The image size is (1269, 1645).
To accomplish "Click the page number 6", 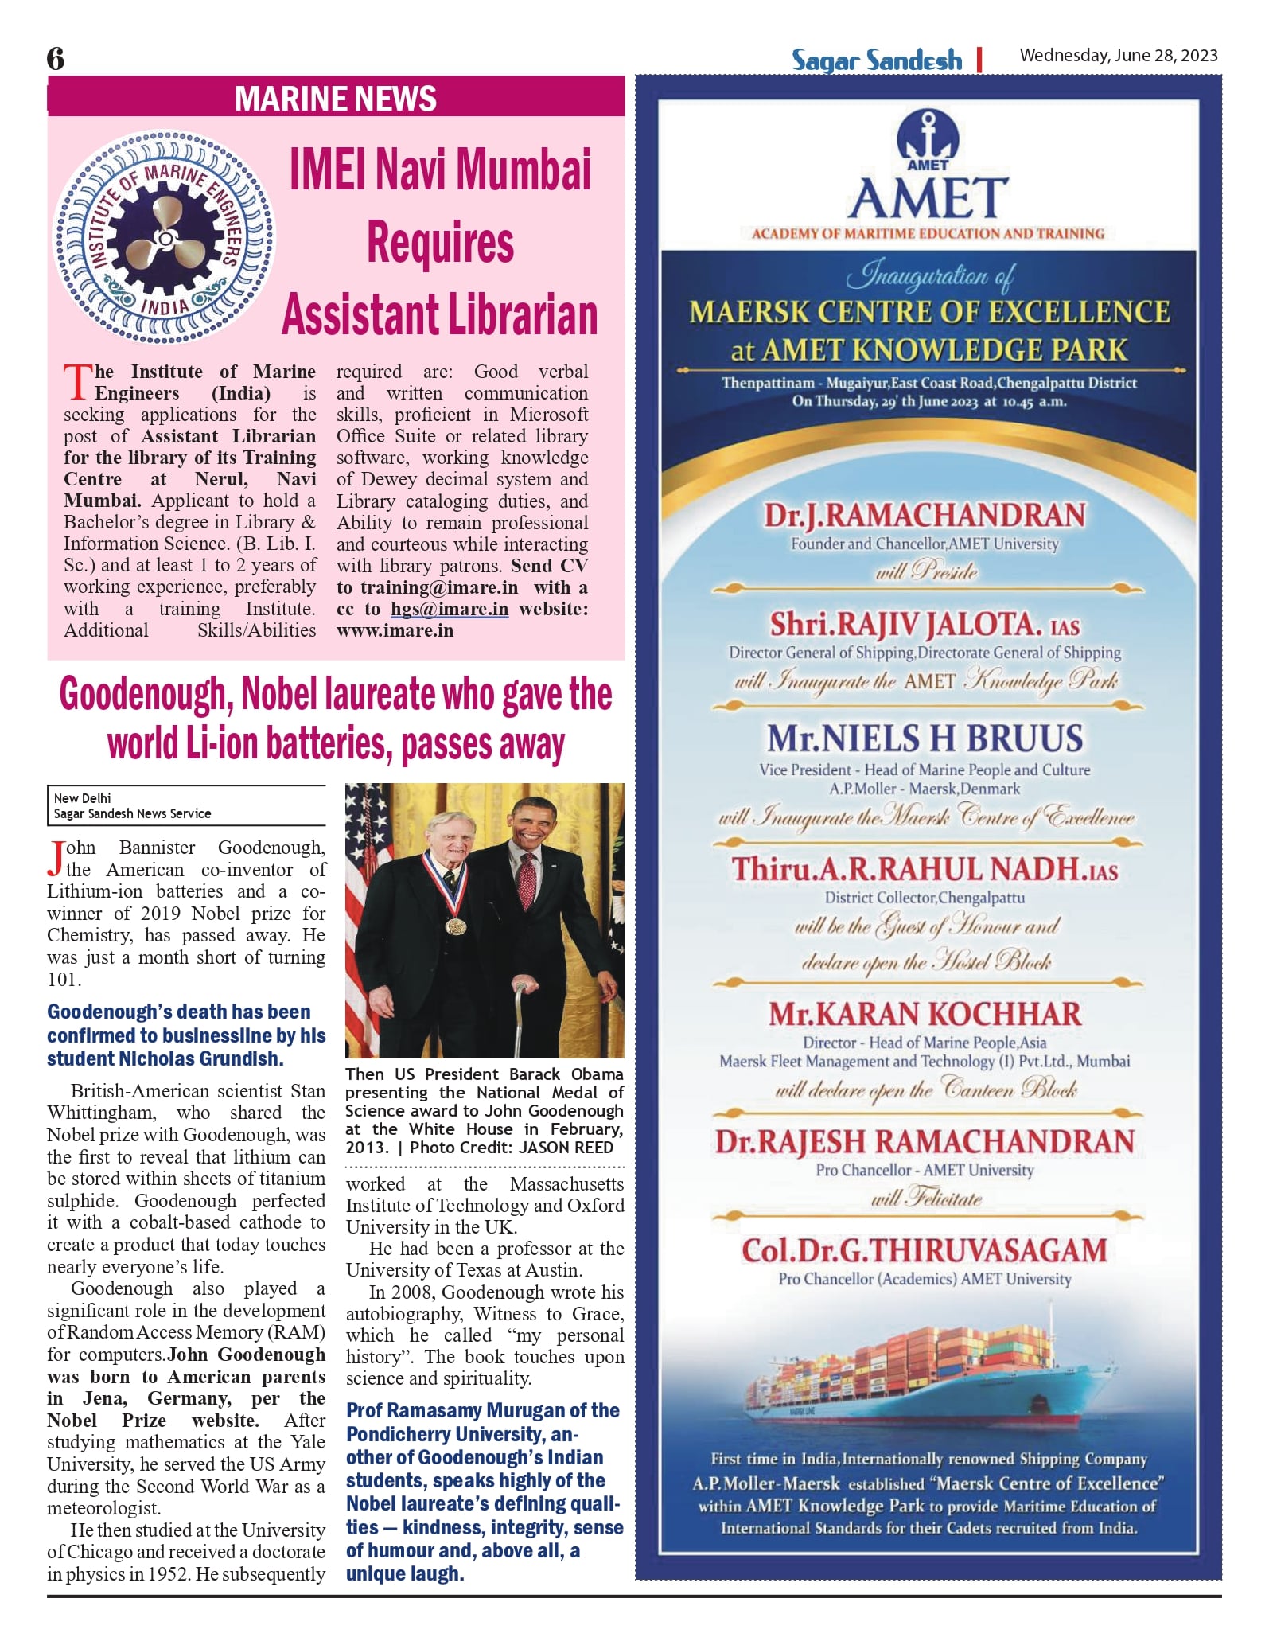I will [56, 59].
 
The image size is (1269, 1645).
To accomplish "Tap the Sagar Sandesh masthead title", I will [876, 60].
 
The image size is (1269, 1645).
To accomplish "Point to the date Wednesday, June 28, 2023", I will [1118, 55].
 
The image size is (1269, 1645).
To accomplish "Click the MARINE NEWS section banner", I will [335, 99].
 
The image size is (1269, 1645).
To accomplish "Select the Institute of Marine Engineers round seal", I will [165, 237].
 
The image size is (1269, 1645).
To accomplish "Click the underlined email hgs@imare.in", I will [449, 609].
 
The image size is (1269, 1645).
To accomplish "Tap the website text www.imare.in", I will [395, 630].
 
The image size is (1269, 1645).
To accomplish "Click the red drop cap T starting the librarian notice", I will [78, 382].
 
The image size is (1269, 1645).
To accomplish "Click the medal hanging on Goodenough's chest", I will [455, 926].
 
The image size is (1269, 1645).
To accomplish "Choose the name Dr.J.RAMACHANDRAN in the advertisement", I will [925, 515].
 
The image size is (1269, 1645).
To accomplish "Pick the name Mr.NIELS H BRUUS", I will [925, 739].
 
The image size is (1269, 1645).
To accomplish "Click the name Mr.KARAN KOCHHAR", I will [925, 1014].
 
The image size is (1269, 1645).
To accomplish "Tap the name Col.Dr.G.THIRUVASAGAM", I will [925, 1250].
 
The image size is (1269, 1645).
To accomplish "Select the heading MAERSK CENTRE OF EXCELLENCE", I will [929, 312].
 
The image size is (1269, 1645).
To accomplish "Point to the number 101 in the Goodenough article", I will [64, 980].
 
